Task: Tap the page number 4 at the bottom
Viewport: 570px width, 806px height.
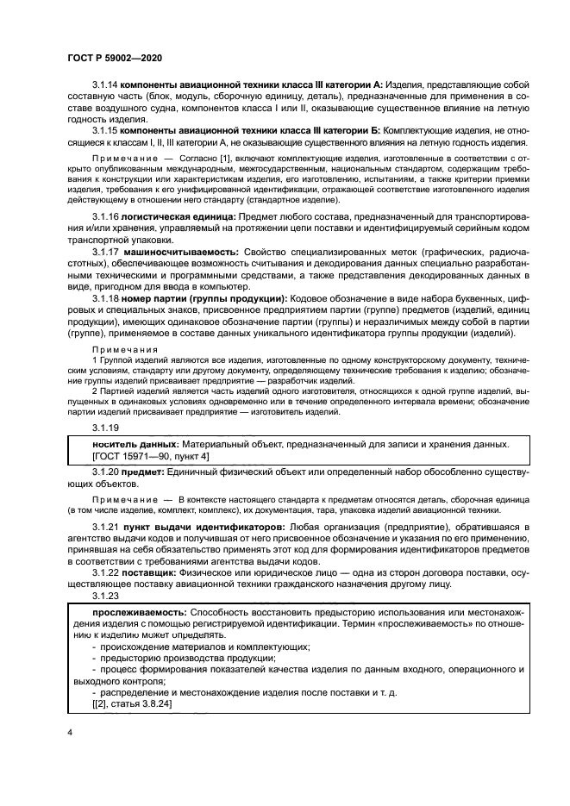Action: [69, 732]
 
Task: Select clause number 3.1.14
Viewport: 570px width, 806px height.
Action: [105, 86]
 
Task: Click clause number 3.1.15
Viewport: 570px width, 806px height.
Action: [105, 129]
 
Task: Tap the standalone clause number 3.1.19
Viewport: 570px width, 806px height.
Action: [105, 428]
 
